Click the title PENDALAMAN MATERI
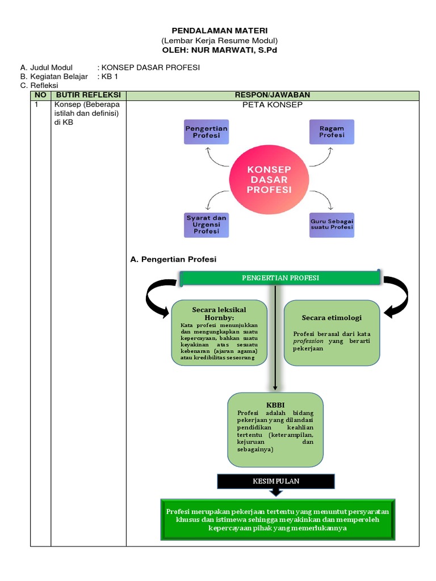click(219, 30)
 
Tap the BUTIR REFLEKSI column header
click(88, 95)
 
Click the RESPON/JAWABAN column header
click(272, 95)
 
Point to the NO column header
click(40, 95)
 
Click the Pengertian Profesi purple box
click(206, 132)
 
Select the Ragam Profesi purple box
click(332, 132)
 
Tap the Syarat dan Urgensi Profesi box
click(206, 225)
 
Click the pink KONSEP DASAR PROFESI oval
click(269, 179)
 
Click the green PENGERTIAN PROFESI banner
click(280, 277)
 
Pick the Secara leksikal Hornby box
click(219, 332)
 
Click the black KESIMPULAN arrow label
click(276, 481)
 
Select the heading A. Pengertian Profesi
click(173, 259)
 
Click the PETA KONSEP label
click(272, 105)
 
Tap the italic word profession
click(308, 342)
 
